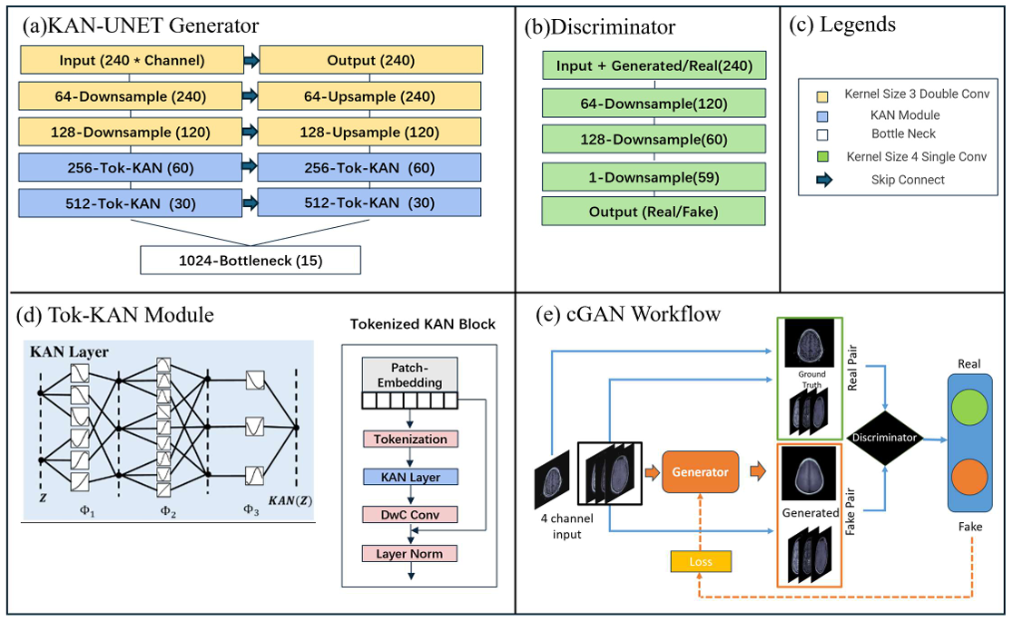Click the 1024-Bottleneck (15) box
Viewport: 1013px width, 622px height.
tap(251, 262)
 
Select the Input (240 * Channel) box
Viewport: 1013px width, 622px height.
tap(132, 61)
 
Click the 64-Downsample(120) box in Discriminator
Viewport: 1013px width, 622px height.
tap(654, 103)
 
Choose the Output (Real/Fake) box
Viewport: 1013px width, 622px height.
tap(654, 212)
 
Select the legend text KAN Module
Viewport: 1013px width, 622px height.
tap(904, 115)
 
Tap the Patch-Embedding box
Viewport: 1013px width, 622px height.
tap(410, 371)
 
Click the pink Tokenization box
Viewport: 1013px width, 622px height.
tap(410, 439)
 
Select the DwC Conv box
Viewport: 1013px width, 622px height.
tap(410, 515)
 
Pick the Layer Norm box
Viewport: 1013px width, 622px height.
tap(410, 553)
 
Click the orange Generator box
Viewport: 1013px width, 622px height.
tap(701, 472)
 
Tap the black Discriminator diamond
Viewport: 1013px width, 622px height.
tap(884, 438)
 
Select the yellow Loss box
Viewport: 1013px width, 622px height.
tap(701, 561)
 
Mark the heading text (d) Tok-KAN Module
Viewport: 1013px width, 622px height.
tap(115, 316)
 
